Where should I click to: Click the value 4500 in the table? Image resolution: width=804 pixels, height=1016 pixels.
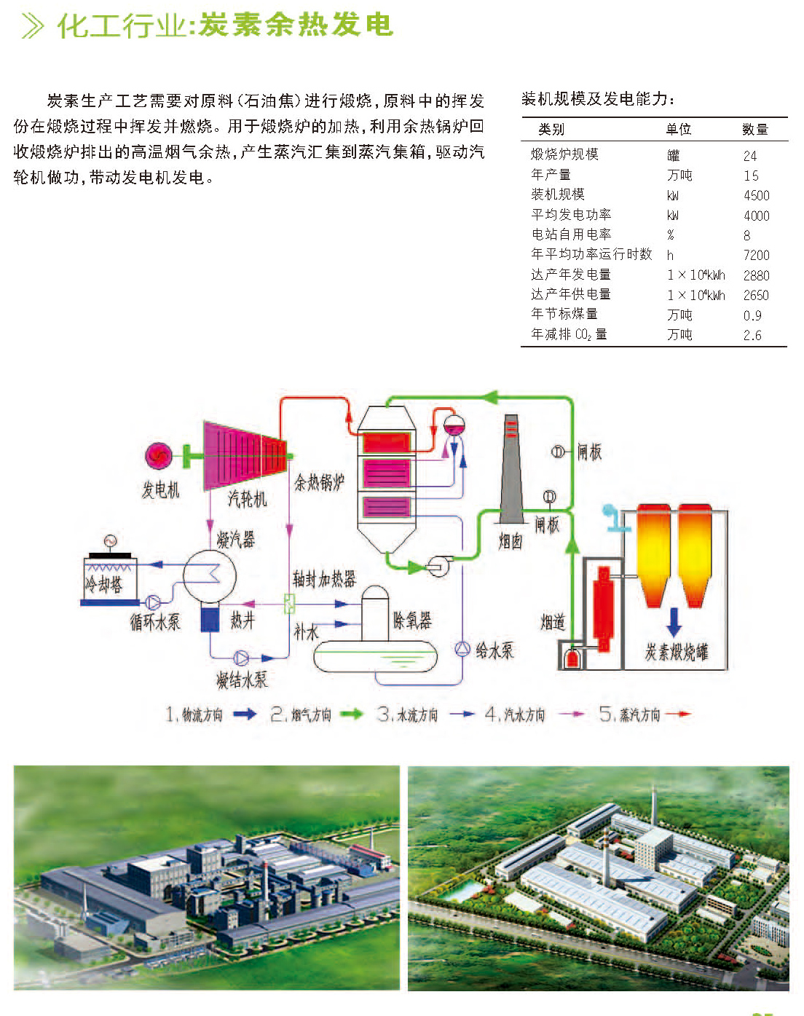pos(757,195)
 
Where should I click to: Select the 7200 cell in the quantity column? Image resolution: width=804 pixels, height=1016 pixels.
pos(757,255)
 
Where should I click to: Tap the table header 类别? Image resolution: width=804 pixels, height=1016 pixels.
pos(551,129)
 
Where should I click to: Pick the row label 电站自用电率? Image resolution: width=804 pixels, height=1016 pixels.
pos(571,235)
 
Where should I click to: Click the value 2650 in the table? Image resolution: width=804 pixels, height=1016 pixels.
pos(757,295)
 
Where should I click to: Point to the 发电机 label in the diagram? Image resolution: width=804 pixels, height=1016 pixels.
pos(160,489)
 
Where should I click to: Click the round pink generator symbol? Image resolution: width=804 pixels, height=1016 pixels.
pos(158,456)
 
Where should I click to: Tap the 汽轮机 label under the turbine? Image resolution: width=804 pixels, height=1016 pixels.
pos(247,498)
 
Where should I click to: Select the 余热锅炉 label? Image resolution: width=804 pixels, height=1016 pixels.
pos(320,482)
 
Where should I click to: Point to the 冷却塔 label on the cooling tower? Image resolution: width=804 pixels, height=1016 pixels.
pos(103,584)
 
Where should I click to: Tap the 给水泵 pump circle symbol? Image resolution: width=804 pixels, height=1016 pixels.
pos(462,649)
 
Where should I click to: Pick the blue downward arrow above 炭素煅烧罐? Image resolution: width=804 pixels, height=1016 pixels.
pos(674,622)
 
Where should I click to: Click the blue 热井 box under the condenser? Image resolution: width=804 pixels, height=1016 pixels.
pos(210,619)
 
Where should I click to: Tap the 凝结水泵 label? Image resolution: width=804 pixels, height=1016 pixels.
pos(242,680)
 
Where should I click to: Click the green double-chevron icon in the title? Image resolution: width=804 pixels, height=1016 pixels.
pos(33,26)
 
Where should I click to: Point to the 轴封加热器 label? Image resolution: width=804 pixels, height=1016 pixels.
pos(324,579)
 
